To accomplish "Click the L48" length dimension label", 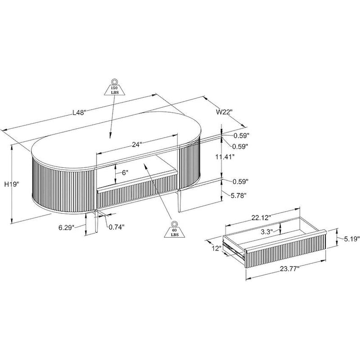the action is point(79,112).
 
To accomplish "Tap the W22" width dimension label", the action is point(224,112).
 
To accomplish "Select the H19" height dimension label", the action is point(12,184).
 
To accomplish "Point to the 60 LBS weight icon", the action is point(175,229).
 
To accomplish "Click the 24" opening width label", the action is point(137,144).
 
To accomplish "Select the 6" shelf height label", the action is point(125,172).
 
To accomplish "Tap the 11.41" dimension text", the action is point(225,157).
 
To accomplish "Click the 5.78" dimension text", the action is point(238,195).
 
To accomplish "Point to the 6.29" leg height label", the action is point(67,227).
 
